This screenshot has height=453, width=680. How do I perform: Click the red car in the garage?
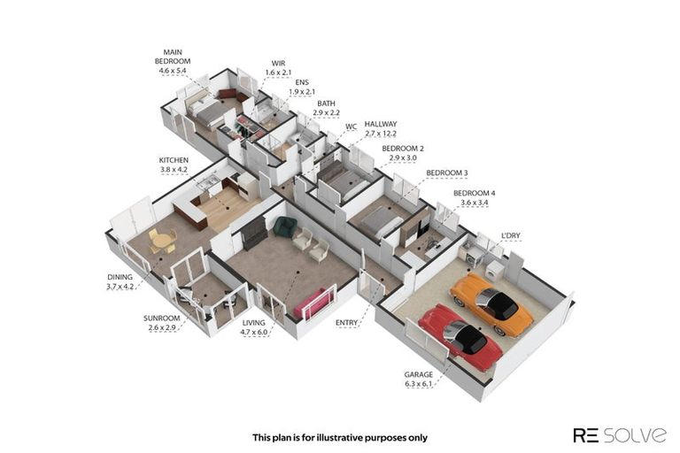[460, 336]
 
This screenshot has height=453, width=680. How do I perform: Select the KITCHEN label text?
[174, 160]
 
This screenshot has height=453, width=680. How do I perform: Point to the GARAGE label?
[419, 374]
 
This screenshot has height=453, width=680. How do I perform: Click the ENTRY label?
[346, 323]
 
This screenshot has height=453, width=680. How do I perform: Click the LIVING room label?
[254, 324]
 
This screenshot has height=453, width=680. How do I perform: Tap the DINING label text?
[120, 276]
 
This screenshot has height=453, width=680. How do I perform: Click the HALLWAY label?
[381, 125]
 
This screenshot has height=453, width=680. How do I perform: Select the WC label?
[351, 127]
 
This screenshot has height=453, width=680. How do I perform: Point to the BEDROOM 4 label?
[474, 193]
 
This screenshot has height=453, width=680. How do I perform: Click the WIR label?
[280, 63]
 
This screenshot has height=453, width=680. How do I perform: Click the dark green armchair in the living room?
[284, 226]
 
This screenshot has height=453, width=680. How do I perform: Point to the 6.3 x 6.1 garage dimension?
[419, 385]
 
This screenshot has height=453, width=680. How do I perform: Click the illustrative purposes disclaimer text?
[340, 436]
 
